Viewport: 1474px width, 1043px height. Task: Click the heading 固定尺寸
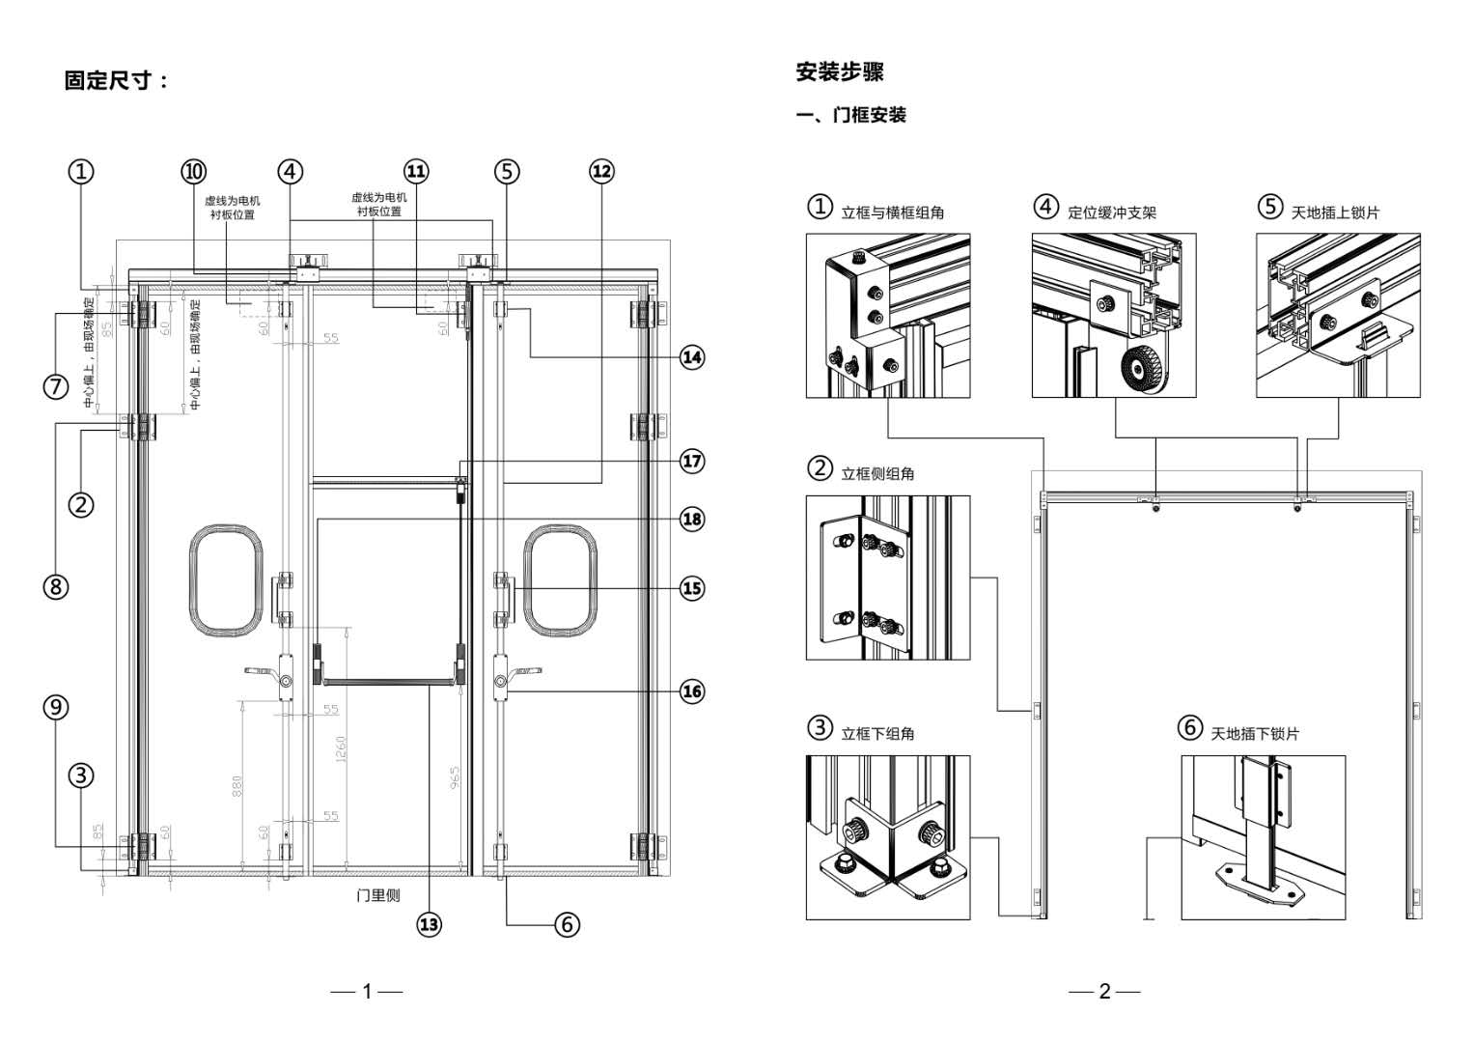116,80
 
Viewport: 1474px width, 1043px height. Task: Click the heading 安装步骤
839,71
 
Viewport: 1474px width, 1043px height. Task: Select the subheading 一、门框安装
850,115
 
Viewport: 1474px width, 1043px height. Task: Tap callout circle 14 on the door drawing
692,357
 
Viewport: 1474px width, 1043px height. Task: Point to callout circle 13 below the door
429,924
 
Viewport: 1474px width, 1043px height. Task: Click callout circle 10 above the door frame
194,172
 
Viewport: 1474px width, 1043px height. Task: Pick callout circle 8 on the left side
56,586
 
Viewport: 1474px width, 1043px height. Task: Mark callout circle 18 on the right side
692,520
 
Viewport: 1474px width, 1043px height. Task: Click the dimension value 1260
341,748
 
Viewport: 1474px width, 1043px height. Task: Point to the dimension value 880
237,786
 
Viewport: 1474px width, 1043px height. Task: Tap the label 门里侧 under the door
377,895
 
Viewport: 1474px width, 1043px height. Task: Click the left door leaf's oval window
226,580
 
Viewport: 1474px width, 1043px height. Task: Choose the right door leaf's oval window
560,580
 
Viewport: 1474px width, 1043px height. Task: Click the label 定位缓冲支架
1111,212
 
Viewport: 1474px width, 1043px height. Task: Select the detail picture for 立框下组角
887,836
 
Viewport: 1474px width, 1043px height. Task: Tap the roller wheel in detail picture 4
1143,372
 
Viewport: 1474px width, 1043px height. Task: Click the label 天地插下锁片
1255,734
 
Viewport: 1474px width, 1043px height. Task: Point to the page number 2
1104,991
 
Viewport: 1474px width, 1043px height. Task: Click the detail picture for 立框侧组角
887,578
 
